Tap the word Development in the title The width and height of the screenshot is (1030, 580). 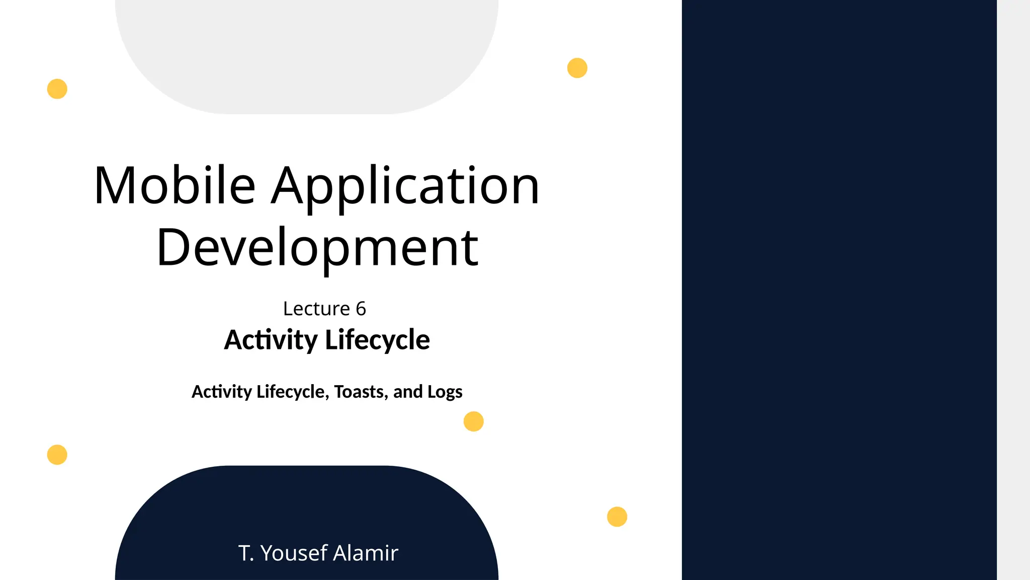point(317,248)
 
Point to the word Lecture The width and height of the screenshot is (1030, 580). point(316,309)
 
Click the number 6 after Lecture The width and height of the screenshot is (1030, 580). point(361,309)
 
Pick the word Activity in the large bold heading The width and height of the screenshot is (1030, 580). point(271,340)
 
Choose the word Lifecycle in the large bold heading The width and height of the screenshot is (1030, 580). point(377,340)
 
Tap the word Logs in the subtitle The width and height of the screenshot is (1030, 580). point(445,392)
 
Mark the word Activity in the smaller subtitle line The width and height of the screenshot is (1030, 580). point(222,392)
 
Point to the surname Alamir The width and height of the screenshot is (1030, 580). point(366,553)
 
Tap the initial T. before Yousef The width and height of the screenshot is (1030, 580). point(246,553)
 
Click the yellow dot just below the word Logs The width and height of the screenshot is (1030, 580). point(473,421)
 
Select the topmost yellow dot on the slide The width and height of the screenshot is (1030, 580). point(577,68)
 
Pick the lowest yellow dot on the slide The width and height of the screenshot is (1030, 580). point(617,517)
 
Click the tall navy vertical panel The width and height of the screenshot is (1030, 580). point(839,290)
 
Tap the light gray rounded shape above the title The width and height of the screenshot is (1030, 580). point(307,50)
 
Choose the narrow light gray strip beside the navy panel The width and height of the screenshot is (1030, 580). point(1013,290)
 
